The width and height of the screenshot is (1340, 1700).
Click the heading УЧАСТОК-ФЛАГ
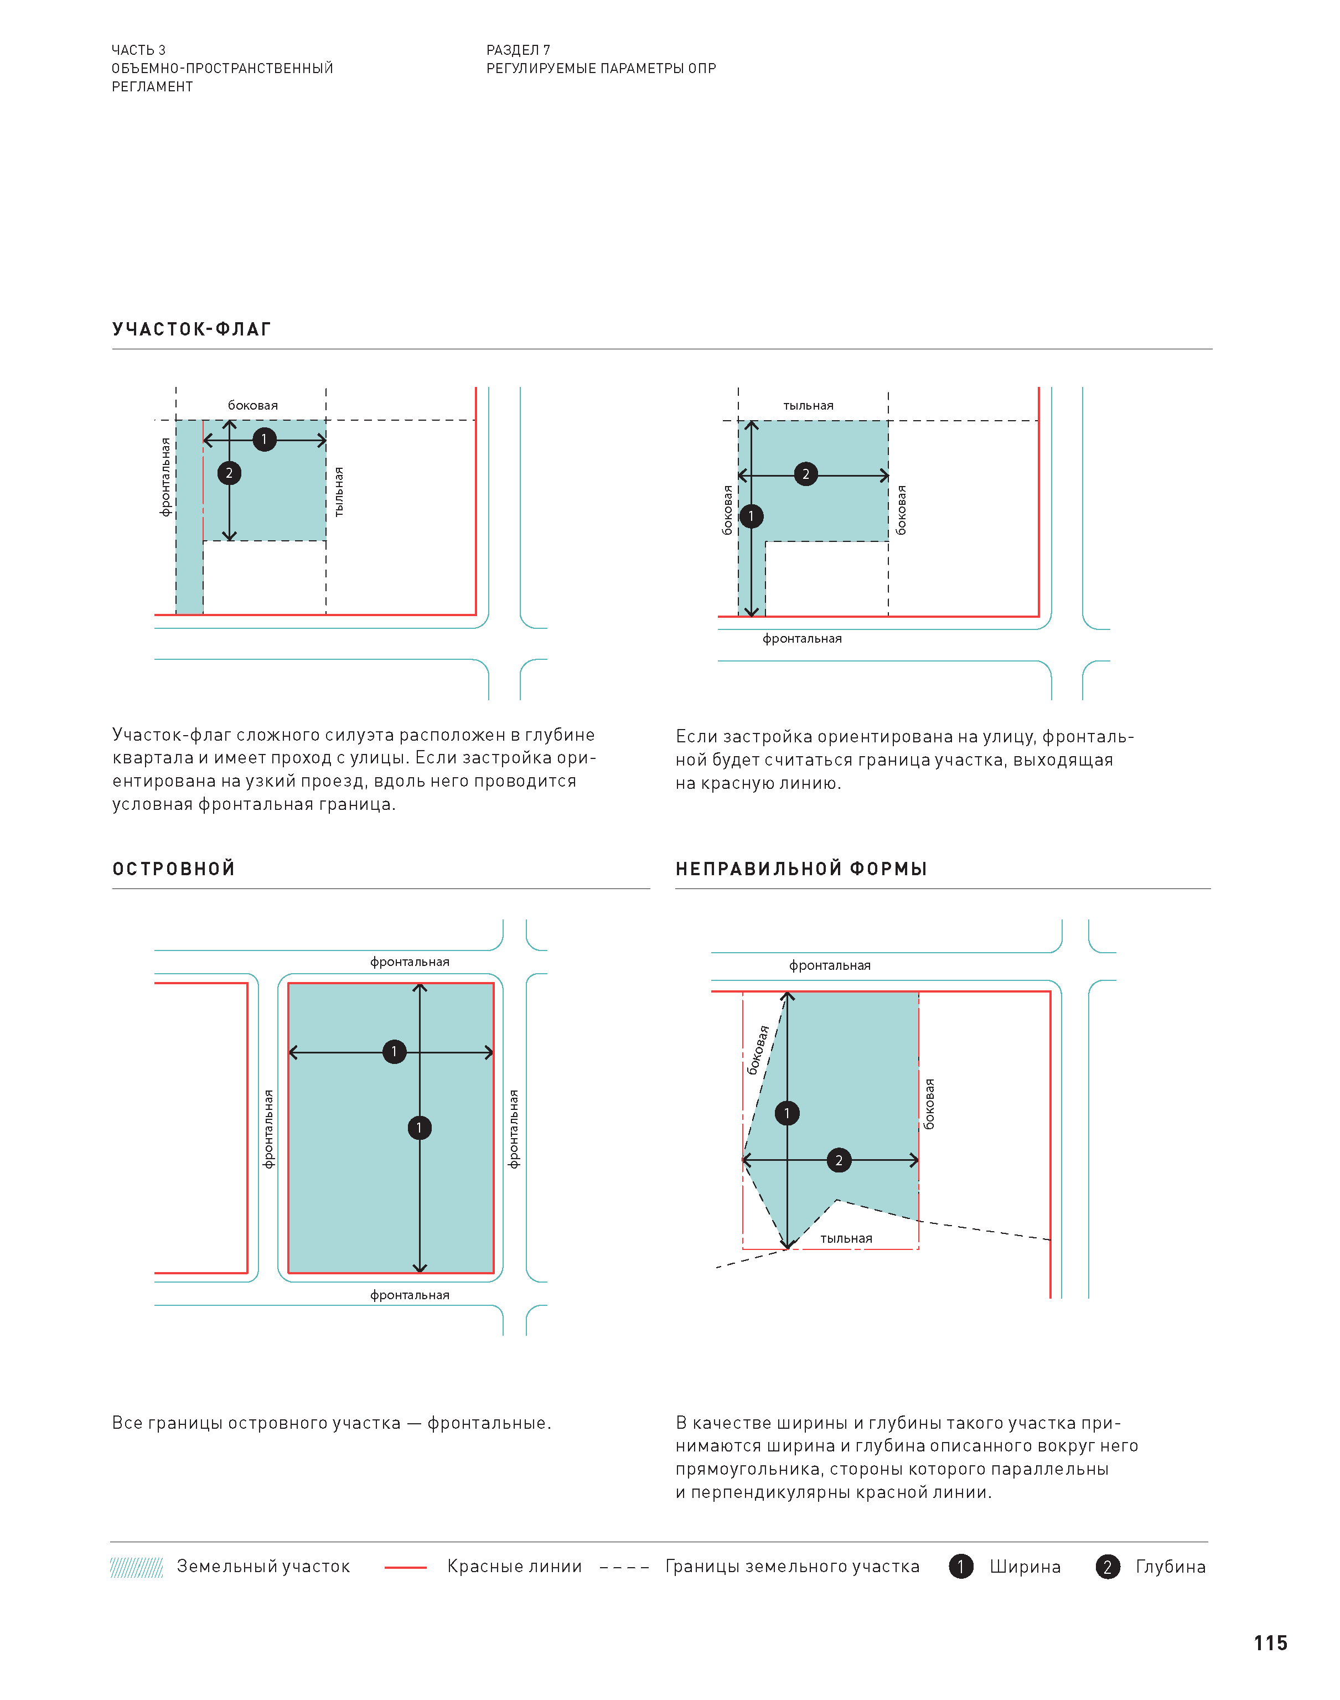click(x=192, y=329)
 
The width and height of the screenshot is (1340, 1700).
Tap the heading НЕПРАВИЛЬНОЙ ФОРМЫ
click(x=801, y=869)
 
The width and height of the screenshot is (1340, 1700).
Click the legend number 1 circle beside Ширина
click(x=960, y=1567)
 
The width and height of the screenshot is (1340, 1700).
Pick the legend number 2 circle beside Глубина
click(x=1107, y=1567)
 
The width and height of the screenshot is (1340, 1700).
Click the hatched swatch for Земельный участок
click(x=137, y=1567)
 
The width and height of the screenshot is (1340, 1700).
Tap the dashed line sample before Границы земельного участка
click(x=624, y=1567)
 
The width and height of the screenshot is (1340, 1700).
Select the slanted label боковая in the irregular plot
click(x=758, y=1050)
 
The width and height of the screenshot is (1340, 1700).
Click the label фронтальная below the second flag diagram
click(x=802, y=639)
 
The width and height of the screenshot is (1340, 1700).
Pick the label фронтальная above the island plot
click(x=410, y=962)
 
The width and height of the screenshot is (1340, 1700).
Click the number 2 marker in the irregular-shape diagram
click(x=839, y=1160)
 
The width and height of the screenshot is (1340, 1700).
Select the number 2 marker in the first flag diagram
click(x=229, y=473)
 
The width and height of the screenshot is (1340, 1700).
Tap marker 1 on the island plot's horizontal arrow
click(x=394, y=1051)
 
